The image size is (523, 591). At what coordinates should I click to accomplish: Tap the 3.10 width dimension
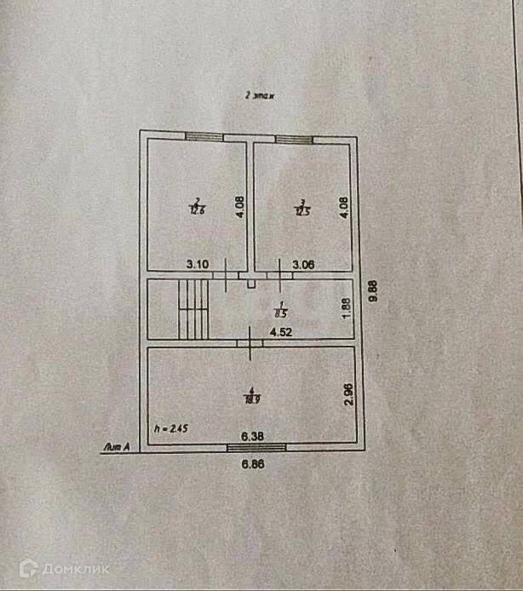point(198,265)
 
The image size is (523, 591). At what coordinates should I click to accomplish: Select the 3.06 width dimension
point(303,265)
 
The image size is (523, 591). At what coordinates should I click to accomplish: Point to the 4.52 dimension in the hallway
point(282,333)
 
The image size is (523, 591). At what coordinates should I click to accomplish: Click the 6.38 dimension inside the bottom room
point(251,437)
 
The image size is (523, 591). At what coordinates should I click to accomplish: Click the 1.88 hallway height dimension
point(346,307)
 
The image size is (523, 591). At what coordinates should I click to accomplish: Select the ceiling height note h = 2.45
point(170,429)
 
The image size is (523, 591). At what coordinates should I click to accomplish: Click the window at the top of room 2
point(204,136)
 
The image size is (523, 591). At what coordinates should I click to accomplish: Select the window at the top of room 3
point(294,139)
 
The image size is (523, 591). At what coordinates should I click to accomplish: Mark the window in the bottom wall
point(256,446)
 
